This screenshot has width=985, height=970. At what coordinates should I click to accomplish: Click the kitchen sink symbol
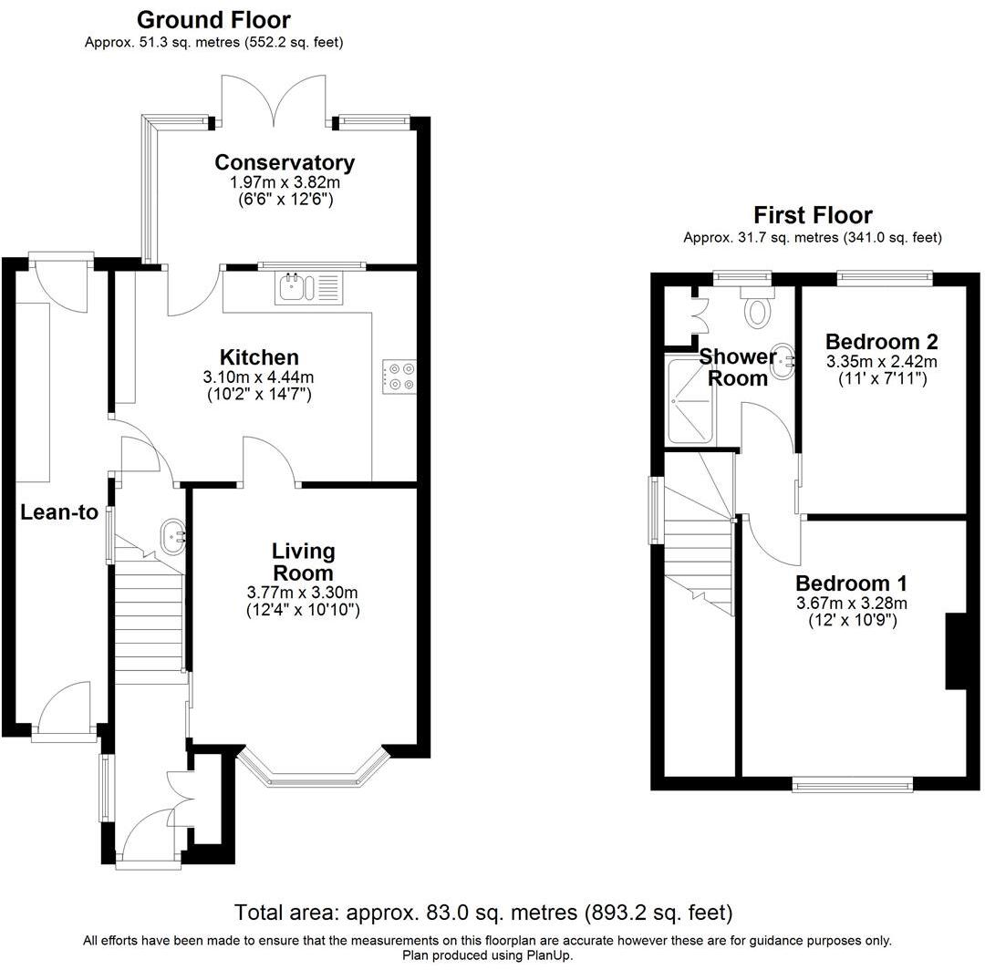[x=308, y=288]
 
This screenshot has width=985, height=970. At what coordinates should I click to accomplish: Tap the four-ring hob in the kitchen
[x=399, y=377]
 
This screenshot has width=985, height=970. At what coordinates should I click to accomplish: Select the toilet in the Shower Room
[x=756, y=309]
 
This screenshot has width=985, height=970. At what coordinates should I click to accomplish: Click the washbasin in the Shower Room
[x=784, y=362]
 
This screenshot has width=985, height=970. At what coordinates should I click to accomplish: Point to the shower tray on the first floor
[x=690, y=400]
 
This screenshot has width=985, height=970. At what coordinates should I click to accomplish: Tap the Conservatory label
[x=285, y=163]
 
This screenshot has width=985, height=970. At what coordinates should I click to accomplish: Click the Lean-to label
[x=59, y=512]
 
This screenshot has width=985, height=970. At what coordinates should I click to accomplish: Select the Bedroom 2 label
[x=881, y=342]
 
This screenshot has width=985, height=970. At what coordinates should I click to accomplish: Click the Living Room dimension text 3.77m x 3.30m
[x=304, y=594]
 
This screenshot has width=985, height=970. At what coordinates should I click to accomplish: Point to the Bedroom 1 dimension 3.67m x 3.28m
[x=851, y=604]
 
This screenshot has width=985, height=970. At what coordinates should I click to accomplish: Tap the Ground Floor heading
[x=213, y=19]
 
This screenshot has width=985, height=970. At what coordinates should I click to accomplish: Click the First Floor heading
[x=812, y=215]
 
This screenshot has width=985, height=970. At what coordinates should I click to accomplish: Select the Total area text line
[x=483, y=912]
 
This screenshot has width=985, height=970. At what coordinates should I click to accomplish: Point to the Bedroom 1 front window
[x=852, y=784]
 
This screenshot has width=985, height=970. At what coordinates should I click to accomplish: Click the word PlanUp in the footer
[x=548, y=955]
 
